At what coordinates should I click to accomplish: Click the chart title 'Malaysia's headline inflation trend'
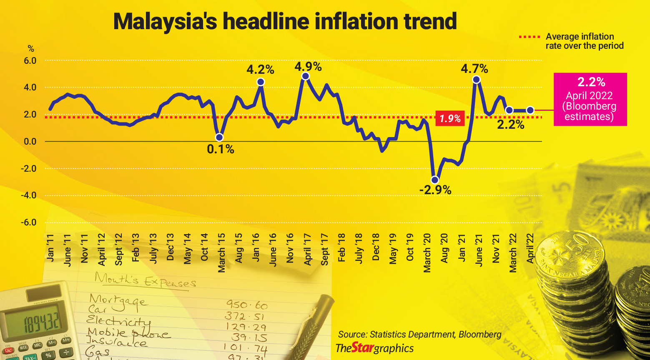click(285, 21)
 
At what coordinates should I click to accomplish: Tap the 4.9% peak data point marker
click(305, 76)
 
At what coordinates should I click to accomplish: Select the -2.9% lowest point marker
click(435, 180)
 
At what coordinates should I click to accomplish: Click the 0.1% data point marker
click(219, 137)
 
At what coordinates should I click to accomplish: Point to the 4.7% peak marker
click(476, 80)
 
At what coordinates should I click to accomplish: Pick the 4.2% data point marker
click(261, 82)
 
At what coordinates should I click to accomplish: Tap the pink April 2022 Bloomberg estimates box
click(590, 99)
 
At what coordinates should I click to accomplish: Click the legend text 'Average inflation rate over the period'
click(584, 41)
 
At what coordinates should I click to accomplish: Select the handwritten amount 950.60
click(246, 305)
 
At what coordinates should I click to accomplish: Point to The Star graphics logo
click(374, 348)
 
